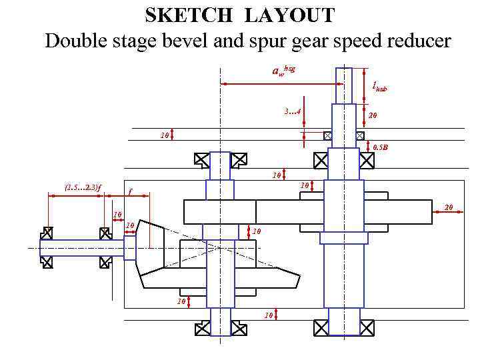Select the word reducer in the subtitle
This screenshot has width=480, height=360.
pos(413,41)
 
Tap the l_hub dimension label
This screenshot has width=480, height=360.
pos(379,86)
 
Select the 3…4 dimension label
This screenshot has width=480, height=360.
pos(291,112)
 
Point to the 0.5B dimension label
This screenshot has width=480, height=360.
pos(380,146)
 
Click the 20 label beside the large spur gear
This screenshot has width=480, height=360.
pos(449,208)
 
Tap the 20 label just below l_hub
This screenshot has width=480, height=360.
pos(373,115)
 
